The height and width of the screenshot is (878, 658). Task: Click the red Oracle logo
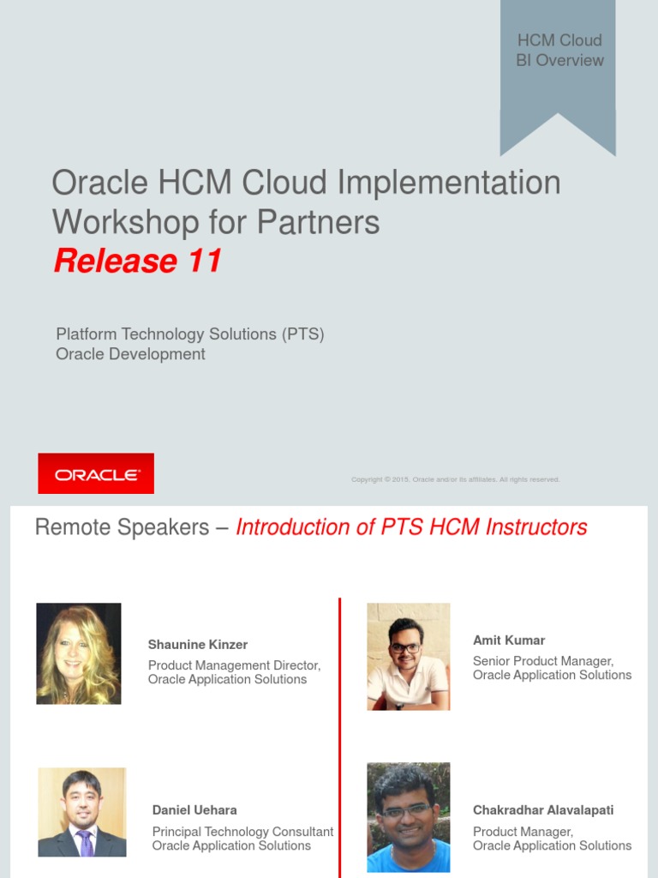click(x=96, y=473)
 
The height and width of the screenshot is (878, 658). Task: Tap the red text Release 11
click(x=138, y=261)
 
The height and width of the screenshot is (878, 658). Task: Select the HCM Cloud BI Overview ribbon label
click(x=559, y=51)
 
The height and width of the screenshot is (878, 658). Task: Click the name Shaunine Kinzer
click(x=198, y=645)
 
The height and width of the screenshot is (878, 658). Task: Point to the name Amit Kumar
click(x=509, y=640)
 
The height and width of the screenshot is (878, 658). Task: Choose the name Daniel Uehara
click(x=194, y=810)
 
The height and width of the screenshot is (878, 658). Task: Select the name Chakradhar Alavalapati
click(x=543, y=810)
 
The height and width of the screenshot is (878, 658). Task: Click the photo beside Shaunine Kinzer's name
click(x=79, y=653)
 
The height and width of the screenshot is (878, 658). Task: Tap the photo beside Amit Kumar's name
click(x=409, y=656)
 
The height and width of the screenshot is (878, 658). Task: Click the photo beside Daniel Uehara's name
click(x=82, y=812)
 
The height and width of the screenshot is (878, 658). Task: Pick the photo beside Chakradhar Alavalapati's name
click(x=409, y=817)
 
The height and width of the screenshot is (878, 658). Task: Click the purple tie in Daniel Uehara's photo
click(x=84, y=843)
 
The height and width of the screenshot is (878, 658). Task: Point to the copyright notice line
click(x=455, y=479)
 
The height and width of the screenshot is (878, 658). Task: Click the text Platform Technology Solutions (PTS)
click(x=190, y=334)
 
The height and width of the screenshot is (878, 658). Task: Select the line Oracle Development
click(x=130, y=354)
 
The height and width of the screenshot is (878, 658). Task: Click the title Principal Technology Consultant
click(x=242, y=832)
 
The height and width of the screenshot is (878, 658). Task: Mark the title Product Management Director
click(x=234, y=665)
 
